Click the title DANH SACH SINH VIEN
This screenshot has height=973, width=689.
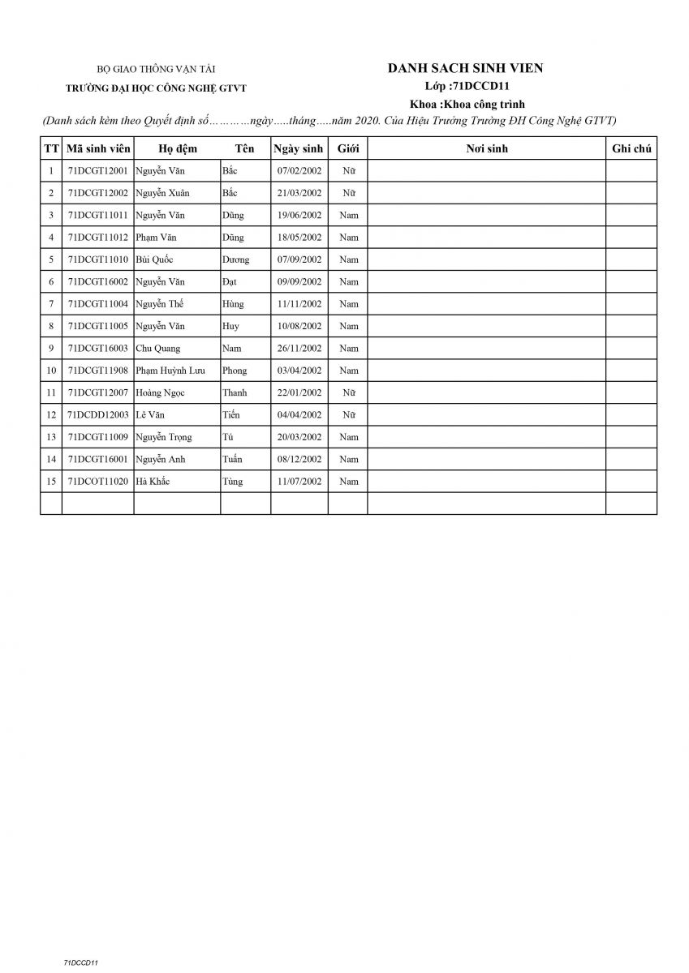pos(465,68)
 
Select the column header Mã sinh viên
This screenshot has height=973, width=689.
pos(97,149)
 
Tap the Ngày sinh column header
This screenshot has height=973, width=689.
pos(299,149)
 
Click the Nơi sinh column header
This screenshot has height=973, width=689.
pos(486,149)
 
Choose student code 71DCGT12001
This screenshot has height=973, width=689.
pos(97,171)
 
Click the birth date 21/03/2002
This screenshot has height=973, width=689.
pos(299,193)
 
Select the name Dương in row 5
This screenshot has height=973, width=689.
pos(235,259)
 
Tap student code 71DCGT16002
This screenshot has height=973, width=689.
pos(97,281)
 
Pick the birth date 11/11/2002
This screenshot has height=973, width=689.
pos(299,304)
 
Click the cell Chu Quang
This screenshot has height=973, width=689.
pos(158,349)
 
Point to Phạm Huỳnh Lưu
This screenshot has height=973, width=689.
pos(170,371)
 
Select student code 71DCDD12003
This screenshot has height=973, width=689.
pos(97,414)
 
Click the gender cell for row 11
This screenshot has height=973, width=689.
pos(348,392)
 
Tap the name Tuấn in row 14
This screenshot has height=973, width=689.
pos(232,459)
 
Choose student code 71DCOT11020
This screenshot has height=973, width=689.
pos(97,481)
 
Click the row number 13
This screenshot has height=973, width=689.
pos(51,437)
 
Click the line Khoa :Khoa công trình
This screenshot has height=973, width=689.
pos(467,104)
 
